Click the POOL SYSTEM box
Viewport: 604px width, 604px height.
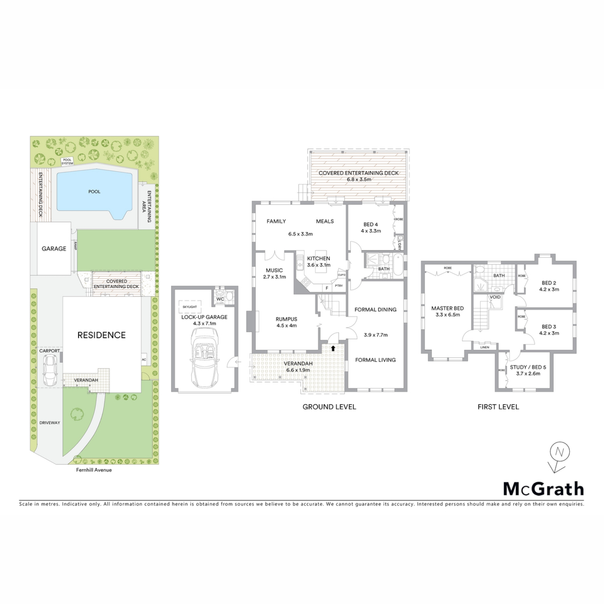point(67,162)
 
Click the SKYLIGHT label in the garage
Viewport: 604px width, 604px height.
point(190,307)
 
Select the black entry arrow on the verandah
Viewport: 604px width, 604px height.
point(333,348)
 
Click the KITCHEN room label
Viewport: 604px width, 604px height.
point(319,258)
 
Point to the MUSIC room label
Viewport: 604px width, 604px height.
point(274,270)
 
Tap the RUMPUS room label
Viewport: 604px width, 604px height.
point(286,319)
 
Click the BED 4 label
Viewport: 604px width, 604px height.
point(371,224)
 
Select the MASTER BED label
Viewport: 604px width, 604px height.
point(447,308)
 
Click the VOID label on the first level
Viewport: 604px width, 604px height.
point(495,297)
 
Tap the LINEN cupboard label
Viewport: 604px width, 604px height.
point(485,347)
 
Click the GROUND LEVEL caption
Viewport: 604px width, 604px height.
point(329,407)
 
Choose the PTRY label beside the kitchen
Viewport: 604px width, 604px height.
point(339,286)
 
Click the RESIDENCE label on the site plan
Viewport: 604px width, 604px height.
point(102,335)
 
